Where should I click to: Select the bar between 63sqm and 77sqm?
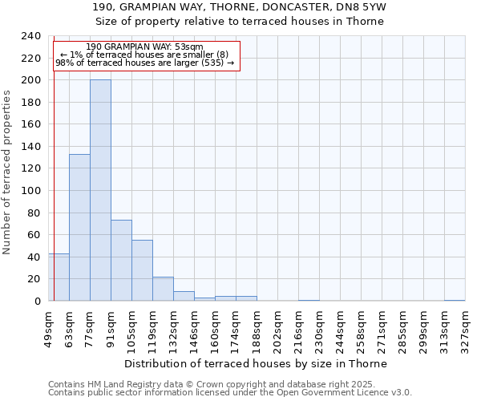(x=79, y=228)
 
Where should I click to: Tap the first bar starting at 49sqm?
(x=59, y=277)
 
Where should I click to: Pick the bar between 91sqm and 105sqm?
(x=121, y=261)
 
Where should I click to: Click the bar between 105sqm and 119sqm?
(x=142, y=270)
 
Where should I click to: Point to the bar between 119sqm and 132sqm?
(x=163, y=289)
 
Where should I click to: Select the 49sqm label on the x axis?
(x=48, y=329)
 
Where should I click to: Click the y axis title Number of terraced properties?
(x=7, y=172)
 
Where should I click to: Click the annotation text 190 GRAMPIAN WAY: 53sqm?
(x=145, y=47)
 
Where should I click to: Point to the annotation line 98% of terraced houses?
(x=145, y=63)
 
